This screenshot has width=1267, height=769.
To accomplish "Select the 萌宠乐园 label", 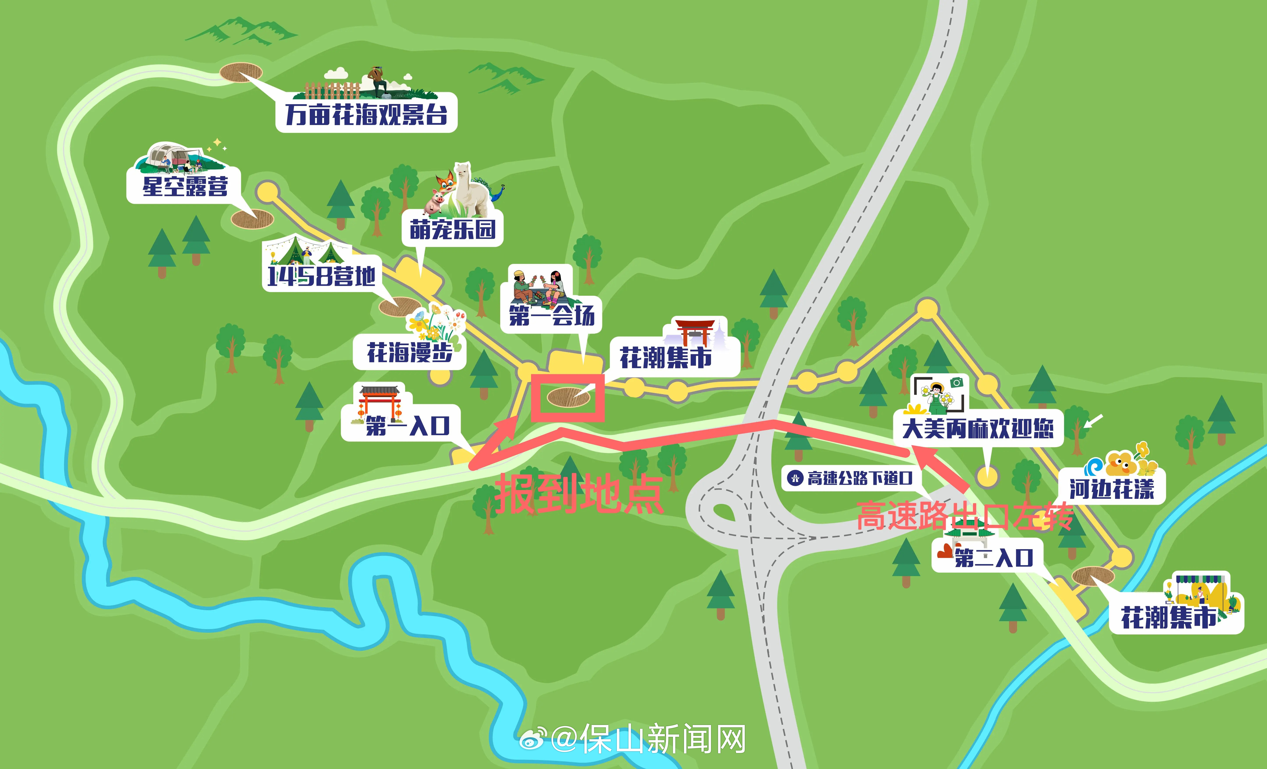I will pyautogui.click(x=452, y=229).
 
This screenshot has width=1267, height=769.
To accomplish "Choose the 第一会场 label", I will pyautogui.click(x=551, y=315).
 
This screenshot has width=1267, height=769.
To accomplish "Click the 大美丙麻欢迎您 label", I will pyautogui.click(x=978, y=428).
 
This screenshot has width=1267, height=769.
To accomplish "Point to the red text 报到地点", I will pyautogui.click(x=579, y=494).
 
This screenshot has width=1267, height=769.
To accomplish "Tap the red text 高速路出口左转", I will pyautogui.click(x=964, y=517).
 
